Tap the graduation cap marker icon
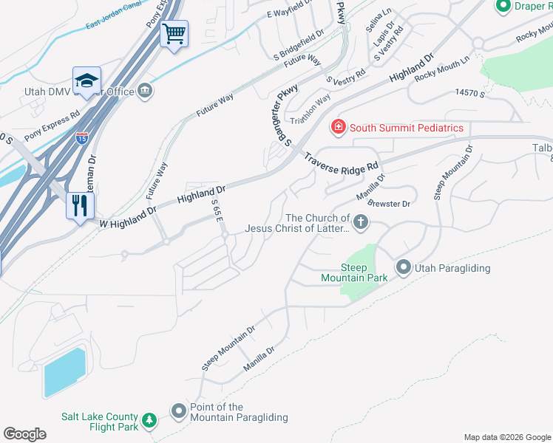click(86, 81)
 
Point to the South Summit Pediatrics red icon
click(339, 128)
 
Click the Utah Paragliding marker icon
click(404, 267)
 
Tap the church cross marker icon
click(360, 222)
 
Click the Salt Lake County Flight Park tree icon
click(149, 420)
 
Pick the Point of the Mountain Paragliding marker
click(178, 411)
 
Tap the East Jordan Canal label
click(113, 24)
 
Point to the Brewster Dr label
click(388, 203)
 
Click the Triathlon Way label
click(311, 111)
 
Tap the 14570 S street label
click(469, 93)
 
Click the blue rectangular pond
click(64, 372)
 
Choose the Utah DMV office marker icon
click(145, 91)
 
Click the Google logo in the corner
click(24, 434)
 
